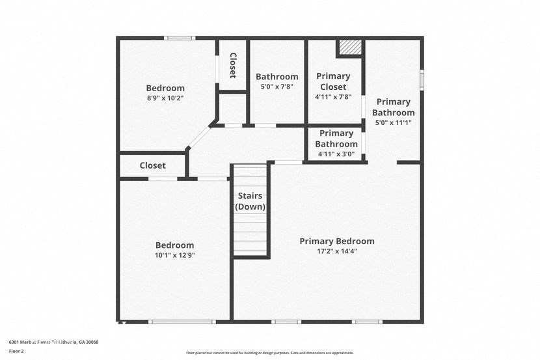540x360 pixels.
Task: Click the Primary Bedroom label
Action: pyautogui.click(x=336, y=241)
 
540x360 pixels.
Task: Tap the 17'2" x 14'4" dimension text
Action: pyautogui.click(x=336, y=251)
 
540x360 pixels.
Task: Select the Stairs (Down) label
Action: pyautogui.click(x=250, y=201)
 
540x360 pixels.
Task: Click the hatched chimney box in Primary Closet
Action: pyautogui.click(x=350, y=48)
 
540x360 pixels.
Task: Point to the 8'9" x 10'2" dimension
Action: pyautogui.click(x=165, y=98)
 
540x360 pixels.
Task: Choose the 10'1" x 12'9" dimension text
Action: pyautogui.click(x=174, y=255)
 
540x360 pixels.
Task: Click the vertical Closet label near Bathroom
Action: pyautogui.click(x=232, y=65)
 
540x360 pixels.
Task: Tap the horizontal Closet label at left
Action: pyautogui.click(x=152, y=165)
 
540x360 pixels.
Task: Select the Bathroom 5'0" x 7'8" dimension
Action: pyautogui.click(x=277, y=87)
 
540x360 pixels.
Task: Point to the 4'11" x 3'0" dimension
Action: pyautogui.click(x=336, y=154)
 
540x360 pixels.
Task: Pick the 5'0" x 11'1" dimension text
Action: pyautogui.click(x=393, y=122)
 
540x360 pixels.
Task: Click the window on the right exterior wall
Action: pyautogui.click(x=422, y=79)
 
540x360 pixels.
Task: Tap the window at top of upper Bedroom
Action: pyautogui.click(x=180, y=38)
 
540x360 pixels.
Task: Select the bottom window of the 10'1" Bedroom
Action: pyautogui.click(x=182, y=322)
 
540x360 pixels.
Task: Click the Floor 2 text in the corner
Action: pyautogui.click(x=17, y=351)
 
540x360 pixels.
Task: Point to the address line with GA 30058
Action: pyautogui.click(x=53, y=342)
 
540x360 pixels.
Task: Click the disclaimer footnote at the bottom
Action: pyautogui.click(x=269, y=353)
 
